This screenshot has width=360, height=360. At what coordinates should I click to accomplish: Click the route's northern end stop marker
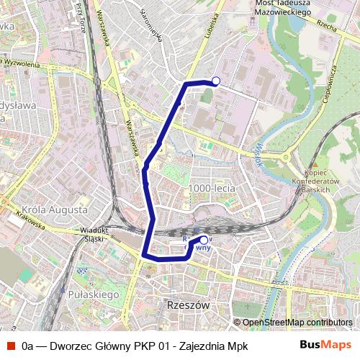click(215, 81)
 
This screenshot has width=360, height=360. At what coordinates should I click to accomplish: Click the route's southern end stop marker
click(204, 240)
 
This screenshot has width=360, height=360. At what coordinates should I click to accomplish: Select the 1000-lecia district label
click(211, 188)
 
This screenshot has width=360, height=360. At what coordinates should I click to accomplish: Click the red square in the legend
click(12, 345)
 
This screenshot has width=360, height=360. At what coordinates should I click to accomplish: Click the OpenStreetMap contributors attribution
click(297, 323)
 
